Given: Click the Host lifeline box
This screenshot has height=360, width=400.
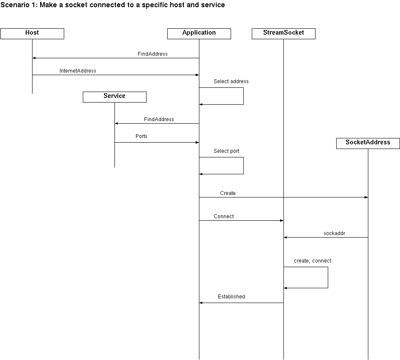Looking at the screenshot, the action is point(32,34).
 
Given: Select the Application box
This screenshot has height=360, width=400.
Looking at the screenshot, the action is point(199,34).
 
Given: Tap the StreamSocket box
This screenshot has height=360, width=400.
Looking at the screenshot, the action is point(283,34).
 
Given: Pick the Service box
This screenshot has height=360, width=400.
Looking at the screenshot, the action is point(114,97).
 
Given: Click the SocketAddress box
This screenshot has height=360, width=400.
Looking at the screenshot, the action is point(368,143).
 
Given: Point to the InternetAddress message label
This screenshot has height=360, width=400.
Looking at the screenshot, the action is point(78,71).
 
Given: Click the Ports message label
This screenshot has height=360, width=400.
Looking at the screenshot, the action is point(141,136).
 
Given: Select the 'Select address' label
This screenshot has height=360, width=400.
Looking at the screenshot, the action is point(231,81).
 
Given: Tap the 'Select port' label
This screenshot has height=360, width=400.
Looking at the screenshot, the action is point(226,151).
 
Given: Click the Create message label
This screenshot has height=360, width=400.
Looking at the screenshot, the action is point(228,193).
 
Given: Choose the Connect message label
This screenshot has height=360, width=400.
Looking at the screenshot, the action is point(224,217).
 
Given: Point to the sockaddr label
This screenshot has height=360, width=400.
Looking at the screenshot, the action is point(334,233).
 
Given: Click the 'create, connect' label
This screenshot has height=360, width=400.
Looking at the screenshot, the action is point(313,261).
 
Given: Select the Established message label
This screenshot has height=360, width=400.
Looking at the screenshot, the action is point(231,297).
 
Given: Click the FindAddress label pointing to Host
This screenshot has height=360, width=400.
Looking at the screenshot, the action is point(152,54).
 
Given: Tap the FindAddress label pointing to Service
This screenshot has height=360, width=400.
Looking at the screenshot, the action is point(159,119).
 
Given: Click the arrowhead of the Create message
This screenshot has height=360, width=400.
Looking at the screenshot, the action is point(366,198).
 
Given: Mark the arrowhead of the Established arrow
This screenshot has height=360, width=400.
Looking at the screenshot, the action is point(201,303).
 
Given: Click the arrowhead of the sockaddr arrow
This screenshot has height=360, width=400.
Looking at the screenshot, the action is point(286,237).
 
